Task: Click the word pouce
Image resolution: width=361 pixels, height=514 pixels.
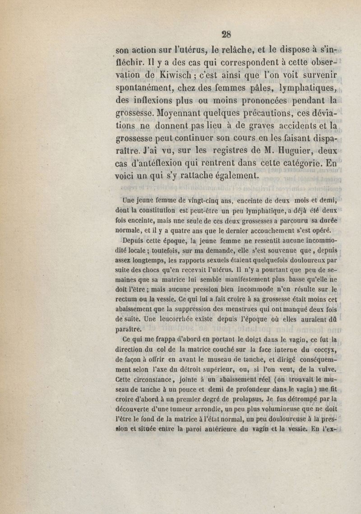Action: (x=175, y=388)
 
